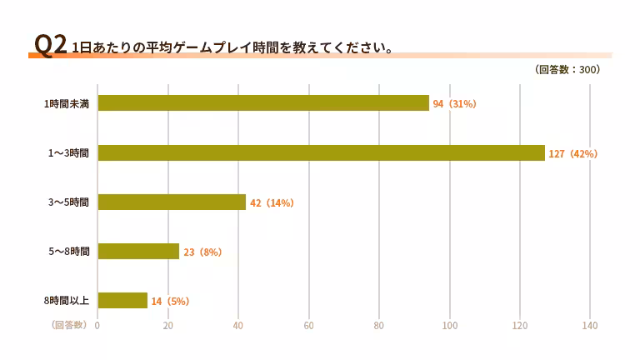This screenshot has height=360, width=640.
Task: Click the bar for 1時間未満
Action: coord(263,103)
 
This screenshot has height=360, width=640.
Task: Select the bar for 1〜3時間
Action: coord(321,153)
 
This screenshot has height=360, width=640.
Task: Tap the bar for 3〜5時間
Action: coord(172,202)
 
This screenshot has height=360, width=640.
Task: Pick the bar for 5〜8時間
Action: coord(138,252)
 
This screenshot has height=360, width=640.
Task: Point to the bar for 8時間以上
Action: coord(122,300)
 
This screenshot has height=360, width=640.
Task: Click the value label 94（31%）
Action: coord(454,104)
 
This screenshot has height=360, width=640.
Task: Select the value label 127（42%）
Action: coord(573,154)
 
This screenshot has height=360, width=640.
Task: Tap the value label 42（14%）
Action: coord(272,203)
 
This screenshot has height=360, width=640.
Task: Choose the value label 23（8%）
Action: coord(202,252)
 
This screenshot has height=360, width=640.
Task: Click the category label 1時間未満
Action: coord(68,104)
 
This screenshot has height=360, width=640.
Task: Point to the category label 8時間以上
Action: coord(68,301)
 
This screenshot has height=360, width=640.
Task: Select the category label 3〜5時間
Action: coord(71,202)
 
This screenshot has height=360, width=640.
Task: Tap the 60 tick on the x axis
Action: coord(309,325)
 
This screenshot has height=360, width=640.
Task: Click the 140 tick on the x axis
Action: coord(590,325)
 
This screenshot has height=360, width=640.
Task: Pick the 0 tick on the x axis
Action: coord(97,325)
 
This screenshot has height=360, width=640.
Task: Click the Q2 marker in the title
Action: coord(50,46)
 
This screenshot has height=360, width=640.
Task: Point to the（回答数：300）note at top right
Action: coord(567,70)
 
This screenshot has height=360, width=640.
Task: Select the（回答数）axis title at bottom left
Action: coord(68,325)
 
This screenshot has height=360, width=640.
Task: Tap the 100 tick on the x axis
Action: coord(450,325)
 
